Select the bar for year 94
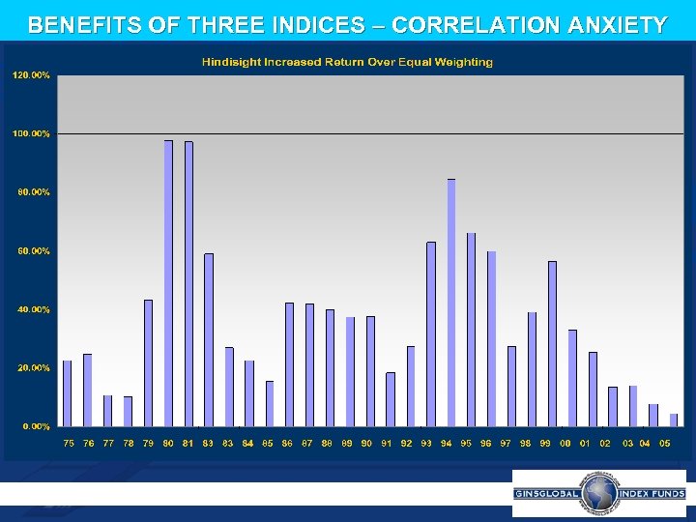pyautogui.click(x=451, y=303)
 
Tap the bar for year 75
pyautogui.click(x=68, y=393)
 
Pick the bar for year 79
pyautogui.click(x=148, y=362)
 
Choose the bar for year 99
pyautogui.click(x=552, y=343)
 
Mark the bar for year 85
pyautogui.click(x=270, y=403)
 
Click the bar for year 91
pyautogui.click(x=391, y=399)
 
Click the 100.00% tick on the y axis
pyautogui.click(x=31, y=133)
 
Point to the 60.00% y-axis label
pyautogui.click(x=31, y=251)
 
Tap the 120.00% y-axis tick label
pyautogui.click(x=31, y=74)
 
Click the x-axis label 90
pyautogui.click(x=367, y=443)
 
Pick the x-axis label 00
pyautogui.click(x=565, y=443)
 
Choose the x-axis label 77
pyautogui.click(x=108, y=443)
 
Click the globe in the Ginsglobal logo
pyautogui.click(x=599, y=493)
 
